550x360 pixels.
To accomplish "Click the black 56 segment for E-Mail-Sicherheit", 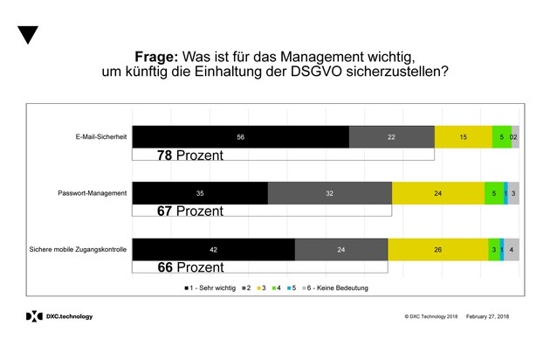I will [240, 137].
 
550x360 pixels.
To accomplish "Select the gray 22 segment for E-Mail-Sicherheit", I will [391, 137].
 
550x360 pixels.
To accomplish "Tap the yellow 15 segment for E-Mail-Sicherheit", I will [463, 137].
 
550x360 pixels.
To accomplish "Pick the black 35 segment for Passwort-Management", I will [200, 193].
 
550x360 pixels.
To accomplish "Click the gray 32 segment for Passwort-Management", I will [330, 193].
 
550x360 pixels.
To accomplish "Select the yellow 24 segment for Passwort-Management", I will [438, 193].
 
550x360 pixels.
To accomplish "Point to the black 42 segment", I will [213, 249].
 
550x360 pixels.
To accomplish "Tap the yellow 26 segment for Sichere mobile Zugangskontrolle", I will [437, 249].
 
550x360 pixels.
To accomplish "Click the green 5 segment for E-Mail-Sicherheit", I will [501, 137].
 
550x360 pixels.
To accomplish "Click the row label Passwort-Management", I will [96, 193].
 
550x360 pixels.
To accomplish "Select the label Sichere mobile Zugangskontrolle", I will [80, 249].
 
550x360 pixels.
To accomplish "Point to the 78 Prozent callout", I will [190, 156].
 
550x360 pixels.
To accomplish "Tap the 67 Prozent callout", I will [190, 211].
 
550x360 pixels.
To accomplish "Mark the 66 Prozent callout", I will [190, 267].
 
